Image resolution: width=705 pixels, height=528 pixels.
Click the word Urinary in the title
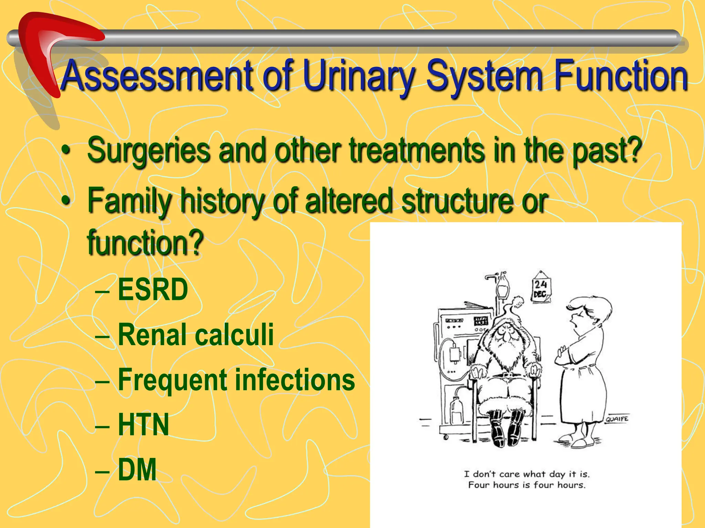point(358,76)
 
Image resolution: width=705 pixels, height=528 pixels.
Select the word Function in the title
point(620,76)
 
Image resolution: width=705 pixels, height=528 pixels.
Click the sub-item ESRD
point(153,290)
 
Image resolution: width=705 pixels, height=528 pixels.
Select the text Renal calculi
point(196,335)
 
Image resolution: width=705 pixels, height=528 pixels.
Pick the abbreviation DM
point(137,470)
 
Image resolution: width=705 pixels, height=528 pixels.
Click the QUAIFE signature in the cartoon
point(617,419)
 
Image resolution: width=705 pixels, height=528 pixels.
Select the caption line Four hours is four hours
point(526,485)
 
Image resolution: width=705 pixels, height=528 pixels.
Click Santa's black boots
point(506,430)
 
